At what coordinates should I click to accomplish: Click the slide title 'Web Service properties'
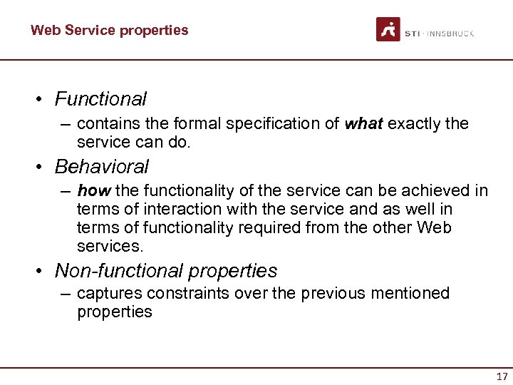coord(109,30)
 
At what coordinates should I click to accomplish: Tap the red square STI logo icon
coord(388,29)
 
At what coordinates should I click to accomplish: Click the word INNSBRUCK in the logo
coord(450,34)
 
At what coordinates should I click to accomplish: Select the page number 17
coord(502,376)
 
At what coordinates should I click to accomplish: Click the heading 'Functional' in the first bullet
coord(100,99)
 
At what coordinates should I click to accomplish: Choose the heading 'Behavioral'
coord(101,167)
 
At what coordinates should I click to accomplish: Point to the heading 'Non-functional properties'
coord(166,271)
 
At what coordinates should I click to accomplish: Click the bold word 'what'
coord(364,124)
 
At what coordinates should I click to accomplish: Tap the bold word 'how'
coord(93,191)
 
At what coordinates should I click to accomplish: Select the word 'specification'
coord(273,124)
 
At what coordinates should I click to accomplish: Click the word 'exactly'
coord(415,124)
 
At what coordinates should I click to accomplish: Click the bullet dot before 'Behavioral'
coord(42,168)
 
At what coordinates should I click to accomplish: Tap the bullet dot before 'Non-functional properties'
coord(42,272)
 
